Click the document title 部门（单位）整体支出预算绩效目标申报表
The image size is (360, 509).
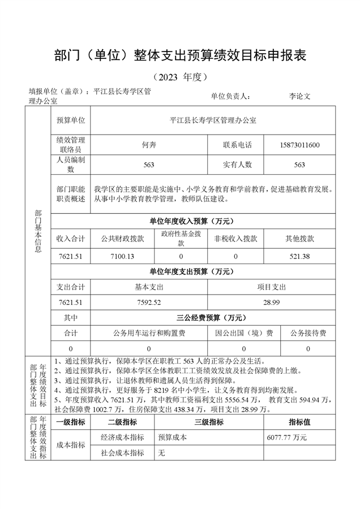(x=180, y=55)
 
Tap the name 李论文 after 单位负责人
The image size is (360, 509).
(x=299, y=96)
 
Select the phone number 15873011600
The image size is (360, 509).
(x=299, y=145)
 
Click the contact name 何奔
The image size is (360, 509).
(x=149, y=145)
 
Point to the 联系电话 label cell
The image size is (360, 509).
(x=237, y=145)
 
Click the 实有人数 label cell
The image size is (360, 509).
(x=237, y=165)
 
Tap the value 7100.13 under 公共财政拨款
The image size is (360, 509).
(x=122, y=256)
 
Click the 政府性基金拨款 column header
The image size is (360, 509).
(x=181, y=238)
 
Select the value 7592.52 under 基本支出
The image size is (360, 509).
(x=149, y=303)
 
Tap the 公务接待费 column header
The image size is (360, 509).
(x=308, y=333)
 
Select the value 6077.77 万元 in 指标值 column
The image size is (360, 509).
(x=286, y=437)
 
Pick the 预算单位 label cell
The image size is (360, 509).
(x=71, y=120)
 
